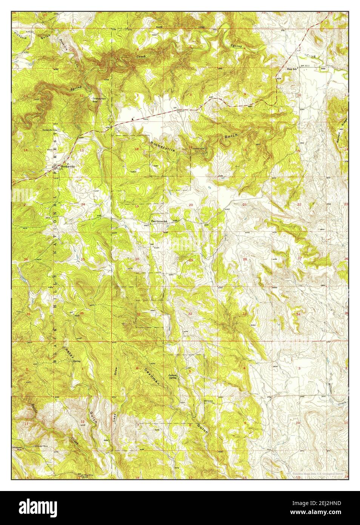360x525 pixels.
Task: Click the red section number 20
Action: (191, 205)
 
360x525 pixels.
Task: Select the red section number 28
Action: (245, 259)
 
